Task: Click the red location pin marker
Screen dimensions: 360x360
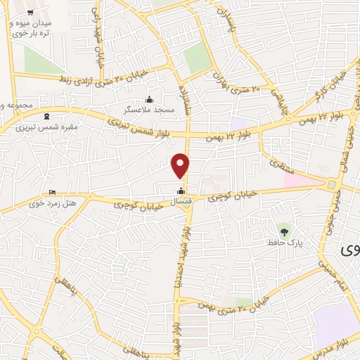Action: pyautogui.click(x=181, y=165)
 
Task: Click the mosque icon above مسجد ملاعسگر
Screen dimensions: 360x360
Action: pyautogui.click(x=148, y=99)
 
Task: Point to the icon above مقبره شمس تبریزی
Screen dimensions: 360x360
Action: pyautogui.click(x=47, y=116)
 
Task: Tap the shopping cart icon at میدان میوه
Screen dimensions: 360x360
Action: pyautogui.click(x=31, y=13)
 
